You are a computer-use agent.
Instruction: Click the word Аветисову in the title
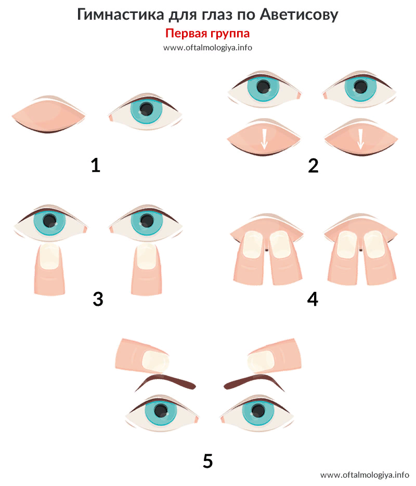pos(298,15)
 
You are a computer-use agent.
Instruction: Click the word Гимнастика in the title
pos(121,14)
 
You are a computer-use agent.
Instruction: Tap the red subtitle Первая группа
pos(207,33)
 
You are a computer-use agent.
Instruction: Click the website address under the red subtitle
pos(207,48)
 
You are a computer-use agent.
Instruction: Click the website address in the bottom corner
pos(365,475)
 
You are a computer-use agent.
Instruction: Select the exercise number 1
pos(96,165)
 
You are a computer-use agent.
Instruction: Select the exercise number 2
pos(313,166)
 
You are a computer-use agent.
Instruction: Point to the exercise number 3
pos(98,299)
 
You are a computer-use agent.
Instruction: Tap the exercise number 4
pos(313,299)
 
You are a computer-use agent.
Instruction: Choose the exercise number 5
pos(207,461)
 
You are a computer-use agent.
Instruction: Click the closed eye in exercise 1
pos(48,115)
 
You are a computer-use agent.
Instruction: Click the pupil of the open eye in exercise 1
pos(146,109)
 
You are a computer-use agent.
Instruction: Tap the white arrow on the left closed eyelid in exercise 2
pos(264,139)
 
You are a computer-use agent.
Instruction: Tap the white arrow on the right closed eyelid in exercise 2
pos(360,139)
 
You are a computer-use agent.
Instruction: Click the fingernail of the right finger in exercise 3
pos(147,256)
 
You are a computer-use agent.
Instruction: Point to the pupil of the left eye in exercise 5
pos(161,411)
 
